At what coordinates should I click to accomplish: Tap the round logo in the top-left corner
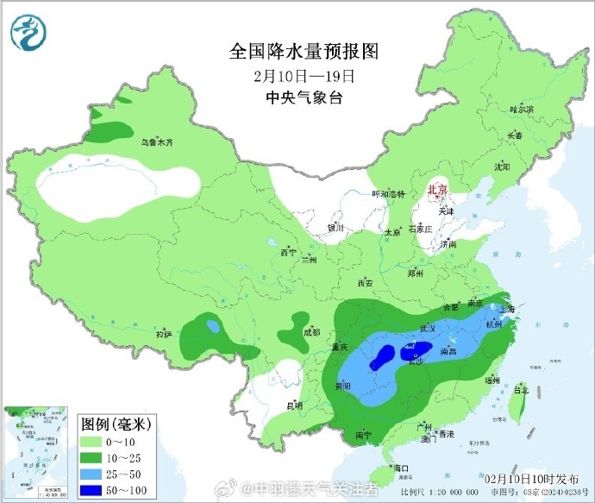point(28,31)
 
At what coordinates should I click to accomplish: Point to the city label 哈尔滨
point(522,110)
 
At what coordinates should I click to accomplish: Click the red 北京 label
point(438,190)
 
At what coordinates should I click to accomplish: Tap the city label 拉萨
point(164,334)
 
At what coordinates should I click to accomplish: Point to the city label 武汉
point(428,328)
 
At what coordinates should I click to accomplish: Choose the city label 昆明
point(294,405)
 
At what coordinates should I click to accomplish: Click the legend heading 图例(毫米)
point(116,424)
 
